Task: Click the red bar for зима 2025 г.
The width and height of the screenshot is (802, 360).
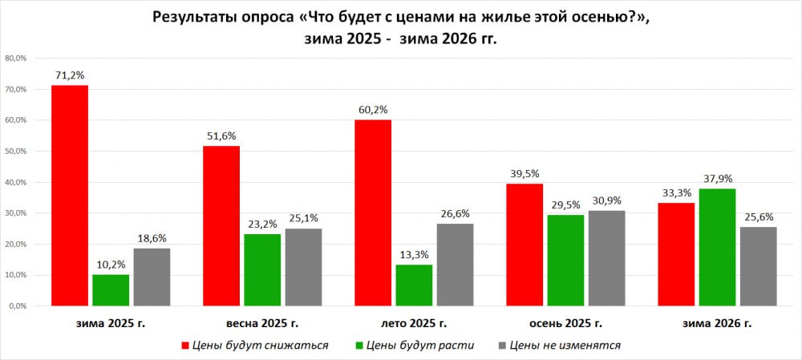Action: (70, 195)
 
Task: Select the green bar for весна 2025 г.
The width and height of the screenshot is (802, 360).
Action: (262, 269)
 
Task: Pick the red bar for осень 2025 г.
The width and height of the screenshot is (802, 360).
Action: (525, 245)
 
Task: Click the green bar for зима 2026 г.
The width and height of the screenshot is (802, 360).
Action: (717, 247)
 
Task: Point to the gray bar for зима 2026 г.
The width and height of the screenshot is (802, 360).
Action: (758, 266)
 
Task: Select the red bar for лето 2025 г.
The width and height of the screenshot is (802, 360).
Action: (373, 212)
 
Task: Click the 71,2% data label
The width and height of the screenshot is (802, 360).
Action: (70, 75)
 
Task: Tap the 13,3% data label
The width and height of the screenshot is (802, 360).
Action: (414, 254)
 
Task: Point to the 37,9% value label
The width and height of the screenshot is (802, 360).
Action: (717, 178)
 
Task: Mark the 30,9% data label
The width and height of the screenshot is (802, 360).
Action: (606, 200)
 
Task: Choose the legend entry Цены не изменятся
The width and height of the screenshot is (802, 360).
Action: (565, 346)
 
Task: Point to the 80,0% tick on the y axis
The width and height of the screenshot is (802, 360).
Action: (16, 59)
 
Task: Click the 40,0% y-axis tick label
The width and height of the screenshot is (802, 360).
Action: (16, 182)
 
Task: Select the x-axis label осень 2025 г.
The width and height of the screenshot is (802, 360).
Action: (565, 324)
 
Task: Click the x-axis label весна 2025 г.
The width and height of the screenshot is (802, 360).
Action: (262, 324)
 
